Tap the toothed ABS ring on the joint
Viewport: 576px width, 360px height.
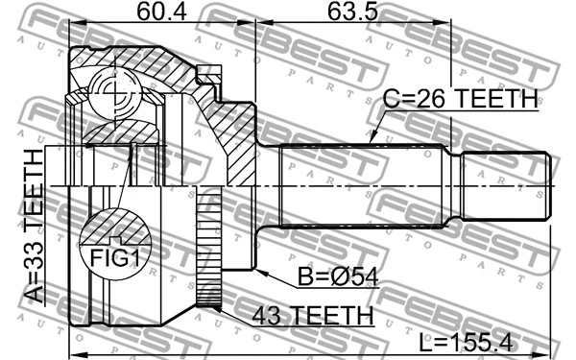[210, 248]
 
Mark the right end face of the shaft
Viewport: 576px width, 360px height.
[550, 186]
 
